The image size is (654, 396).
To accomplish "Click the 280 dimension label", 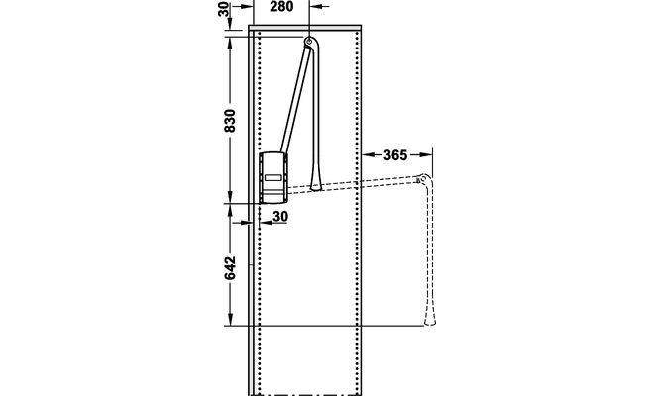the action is (x=281, y=7).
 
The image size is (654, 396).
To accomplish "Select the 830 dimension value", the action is (x=230, y=121).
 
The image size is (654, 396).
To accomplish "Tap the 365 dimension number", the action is (x=395, y=155).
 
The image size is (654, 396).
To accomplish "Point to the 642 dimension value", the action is (x=230, y=268).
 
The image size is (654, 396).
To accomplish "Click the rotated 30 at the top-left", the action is (x=224, y=10).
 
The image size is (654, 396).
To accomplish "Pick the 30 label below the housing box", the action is (x=280, y=217).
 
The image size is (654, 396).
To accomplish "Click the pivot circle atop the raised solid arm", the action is (x=309, y=42).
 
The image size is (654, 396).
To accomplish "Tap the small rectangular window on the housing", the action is (x=273, y=177).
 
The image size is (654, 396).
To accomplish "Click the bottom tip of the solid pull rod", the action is (x=315, y=190).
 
